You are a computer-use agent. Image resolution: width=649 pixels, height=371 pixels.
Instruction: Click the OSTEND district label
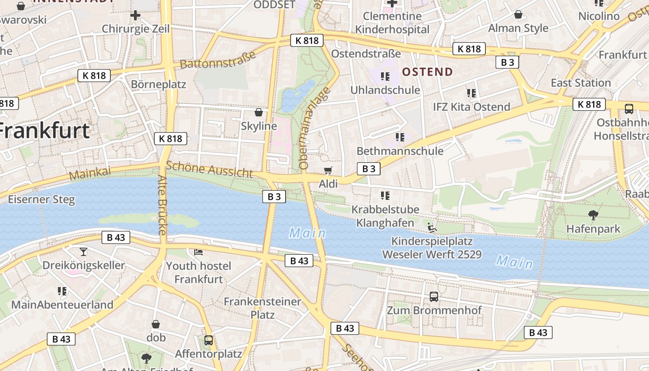click(x=427, y=72)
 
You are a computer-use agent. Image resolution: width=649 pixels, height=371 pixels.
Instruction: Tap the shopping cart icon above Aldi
click(x=328, y=170)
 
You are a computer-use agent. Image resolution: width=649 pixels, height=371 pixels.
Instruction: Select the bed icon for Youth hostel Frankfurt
click(x=198, y=252)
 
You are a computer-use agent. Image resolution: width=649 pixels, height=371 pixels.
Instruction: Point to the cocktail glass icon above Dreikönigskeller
click(x=83, y=251)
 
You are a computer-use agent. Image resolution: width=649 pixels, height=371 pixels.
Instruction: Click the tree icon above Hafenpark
click(x=593, y=215)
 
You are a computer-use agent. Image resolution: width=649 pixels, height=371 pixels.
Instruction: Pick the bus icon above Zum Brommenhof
click(x=434, y=296)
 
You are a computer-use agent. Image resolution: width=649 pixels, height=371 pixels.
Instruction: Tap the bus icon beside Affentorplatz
click(x=209, y=340)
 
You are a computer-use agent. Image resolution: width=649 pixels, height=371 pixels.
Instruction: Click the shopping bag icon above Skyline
click(x=259, y=112)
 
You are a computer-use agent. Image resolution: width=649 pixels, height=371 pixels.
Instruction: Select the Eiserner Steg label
click(x=41, y=200)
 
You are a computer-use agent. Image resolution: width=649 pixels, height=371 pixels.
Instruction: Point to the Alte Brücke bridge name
click(x=162, y=208)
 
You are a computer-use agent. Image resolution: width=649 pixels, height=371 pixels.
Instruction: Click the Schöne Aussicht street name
click(x=210, y=169)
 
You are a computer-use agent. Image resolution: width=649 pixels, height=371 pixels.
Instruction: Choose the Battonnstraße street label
click(x=217, y=60)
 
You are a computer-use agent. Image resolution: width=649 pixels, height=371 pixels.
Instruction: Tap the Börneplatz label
click(x=158, y=84)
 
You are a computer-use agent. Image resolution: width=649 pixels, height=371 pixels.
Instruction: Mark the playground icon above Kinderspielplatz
click(x=432, y=228)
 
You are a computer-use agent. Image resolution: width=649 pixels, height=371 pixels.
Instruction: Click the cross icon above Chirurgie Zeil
click(x=135, y=15)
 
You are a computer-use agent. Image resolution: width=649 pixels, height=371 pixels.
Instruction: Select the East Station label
click(x=580, y=83)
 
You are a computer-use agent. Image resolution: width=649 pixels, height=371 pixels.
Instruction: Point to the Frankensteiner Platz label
click(x=262, y=308)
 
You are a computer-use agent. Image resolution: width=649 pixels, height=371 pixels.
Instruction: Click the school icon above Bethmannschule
click(x=400, y=137)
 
